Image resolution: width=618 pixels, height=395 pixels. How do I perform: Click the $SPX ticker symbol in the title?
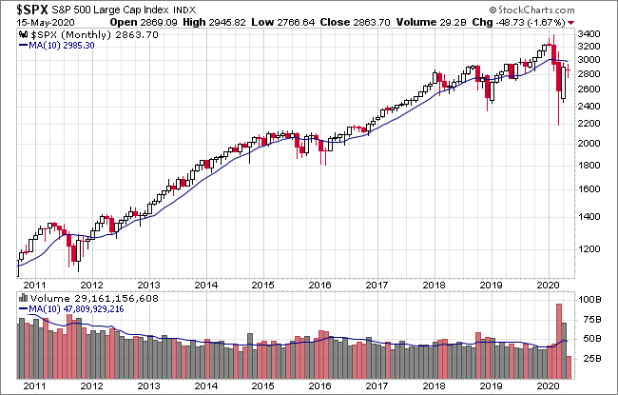32,10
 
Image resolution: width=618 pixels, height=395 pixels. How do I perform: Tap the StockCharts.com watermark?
531,10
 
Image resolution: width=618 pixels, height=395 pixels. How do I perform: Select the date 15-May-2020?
46,23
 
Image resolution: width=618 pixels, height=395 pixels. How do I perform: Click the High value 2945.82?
227,23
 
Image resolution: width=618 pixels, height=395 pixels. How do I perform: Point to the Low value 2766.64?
296,23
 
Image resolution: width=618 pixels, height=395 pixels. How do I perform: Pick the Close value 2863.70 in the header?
372,23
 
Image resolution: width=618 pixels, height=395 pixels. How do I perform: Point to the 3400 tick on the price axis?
589,34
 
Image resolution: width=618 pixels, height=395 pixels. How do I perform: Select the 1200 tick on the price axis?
589,249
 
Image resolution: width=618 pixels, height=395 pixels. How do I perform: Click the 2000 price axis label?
589,143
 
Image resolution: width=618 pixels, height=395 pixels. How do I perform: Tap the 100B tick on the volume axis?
589,300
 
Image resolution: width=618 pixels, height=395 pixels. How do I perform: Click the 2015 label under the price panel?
262,285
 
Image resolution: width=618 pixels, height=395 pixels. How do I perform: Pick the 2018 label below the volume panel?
434,385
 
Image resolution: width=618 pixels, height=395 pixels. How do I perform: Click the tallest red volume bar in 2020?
558,342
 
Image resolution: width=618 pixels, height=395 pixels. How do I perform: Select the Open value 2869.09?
159,23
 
